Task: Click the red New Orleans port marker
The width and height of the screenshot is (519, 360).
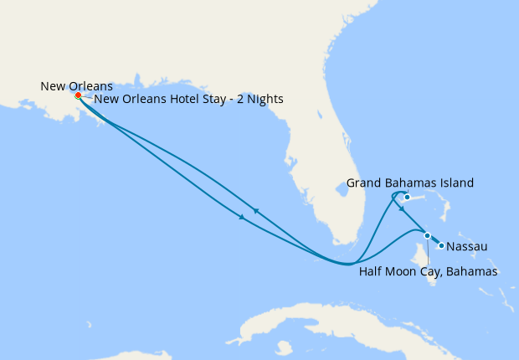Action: pyautogui.click(x=78, y=95)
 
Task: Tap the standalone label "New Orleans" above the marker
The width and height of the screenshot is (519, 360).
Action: pyautogui.click(x=75, y=85)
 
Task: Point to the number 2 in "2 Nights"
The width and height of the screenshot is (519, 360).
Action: pyautogui.click(x=233, y=99)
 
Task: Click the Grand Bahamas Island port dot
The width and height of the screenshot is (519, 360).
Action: pyautogui.click(x=407, y=198)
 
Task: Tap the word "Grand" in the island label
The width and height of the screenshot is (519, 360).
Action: pyautogui.click(x=363, y=183)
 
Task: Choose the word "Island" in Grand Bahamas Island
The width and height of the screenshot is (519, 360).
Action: pyautogui.click(x=455, y=183)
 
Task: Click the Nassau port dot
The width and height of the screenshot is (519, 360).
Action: pyautogui.click(x=441, y=245)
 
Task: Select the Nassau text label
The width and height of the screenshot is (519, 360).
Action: pyautogui.click(x=467, y=247)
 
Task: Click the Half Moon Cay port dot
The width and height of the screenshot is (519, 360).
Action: pyautogui.click(x=427, y=235)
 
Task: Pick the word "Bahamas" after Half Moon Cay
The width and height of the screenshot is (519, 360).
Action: pyautogui.click(x=475, y=271)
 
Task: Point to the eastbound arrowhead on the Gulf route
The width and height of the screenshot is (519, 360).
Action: pyautogui.click(x=242, y=218)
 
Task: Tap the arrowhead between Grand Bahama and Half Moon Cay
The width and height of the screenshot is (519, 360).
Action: pyautogui.click(x=402, y=209)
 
